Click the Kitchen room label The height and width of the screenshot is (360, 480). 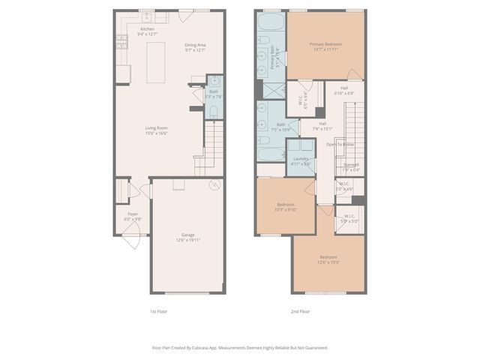point(147,29)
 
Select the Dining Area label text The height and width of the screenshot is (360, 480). point(196,45)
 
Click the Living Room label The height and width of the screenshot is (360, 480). point(156,128)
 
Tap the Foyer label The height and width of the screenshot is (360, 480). point(132,214)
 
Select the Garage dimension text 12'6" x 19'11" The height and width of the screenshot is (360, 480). point(187,240)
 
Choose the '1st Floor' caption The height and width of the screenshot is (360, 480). point(158,310)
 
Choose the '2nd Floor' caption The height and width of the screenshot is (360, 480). point(300,310)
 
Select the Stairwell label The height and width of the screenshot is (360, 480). point(351,164)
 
